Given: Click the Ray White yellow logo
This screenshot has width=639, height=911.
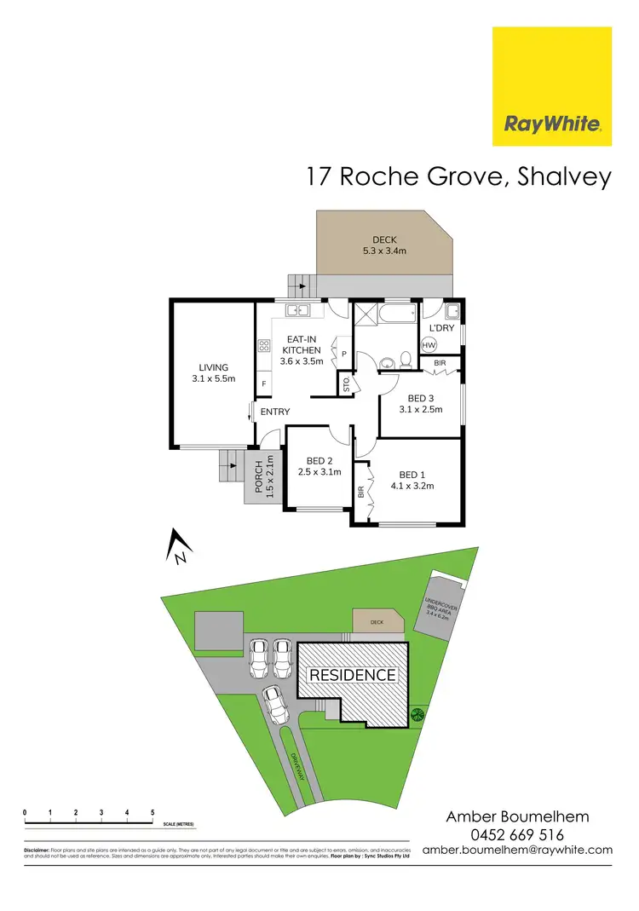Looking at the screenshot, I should [x=552, y=86].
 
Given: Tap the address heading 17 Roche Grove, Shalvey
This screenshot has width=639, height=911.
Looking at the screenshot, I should [x=459, y=176].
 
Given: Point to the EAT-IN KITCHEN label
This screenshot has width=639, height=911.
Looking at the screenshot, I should [x=301, y=349].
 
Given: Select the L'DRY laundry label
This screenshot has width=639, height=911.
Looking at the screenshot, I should [x=441, y=328].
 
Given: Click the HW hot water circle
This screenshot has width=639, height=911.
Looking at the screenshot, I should [x=429, y=344].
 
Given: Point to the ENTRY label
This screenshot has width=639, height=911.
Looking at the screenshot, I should [x=275, y=412].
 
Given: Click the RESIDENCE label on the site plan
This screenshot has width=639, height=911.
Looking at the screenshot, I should [x=352, y=675].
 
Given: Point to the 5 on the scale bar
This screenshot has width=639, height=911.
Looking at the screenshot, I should [x=153, y=812].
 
